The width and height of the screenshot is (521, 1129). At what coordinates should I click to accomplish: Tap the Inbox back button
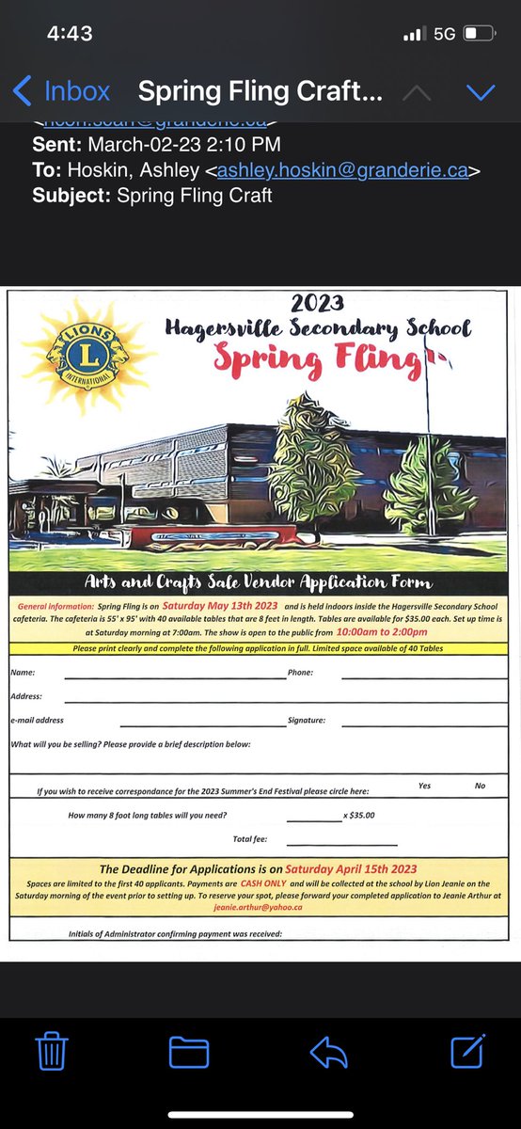(62, 91)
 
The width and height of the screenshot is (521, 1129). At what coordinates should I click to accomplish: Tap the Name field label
(23, 673)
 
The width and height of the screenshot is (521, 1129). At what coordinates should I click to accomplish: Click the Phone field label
(300, 673)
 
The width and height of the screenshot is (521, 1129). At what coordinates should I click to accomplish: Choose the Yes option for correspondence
(424, 786)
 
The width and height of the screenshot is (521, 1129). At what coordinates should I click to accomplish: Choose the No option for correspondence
(480, 786)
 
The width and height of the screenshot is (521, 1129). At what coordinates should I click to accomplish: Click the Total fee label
(248, 839)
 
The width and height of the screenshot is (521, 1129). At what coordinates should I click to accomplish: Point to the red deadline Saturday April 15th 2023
(351, 868)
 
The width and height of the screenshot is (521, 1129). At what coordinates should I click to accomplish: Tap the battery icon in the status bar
(479, 34)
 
